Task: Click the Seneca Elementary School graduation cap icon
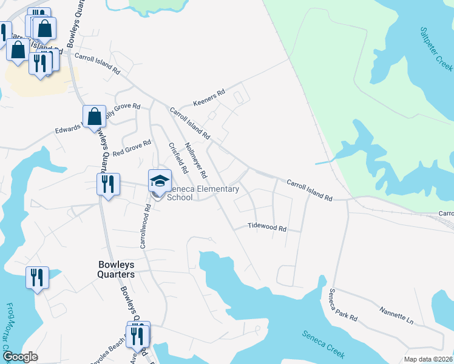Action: coord(160,181)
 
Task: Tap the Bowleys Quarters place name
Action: coord(116,269)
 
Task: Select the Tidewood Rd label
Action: coord(267,227)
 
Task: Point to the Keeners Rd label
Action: coord(209,96)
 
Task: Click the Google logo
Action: coord(20,357)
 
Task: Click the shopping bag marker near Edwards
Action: coord(95,117)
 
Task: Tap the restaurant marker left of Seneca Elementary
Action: coord(107,183)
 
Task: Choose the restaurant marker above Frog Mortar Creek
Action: coord(37,278)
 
